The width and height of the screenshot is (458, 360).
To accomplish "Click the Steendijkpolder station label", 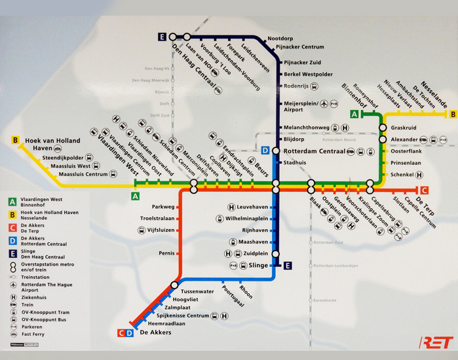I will pos(63,158).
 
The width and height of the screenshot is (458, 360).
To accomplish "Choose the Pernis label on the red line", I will pos(166,253).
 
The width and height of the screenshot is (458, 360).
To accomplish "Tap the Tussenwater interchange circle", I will pos(174,285).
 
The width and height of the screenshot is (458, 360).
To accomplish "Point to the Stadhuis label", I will pos(295,162).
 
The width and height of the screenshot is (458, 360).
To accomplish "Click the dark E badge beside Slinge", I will pos(288,265).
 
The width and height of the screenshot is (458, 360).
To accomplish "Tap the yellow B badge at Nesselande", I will pos(452,114).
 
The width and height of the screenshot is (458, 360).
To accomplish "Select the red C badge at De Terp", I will pos(424,190).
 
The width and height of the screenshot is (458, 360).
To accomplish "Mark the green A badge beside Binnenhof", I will pos(354,114).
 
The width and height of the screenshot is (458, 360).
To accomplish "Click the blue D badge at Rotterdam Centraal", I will pos(265,151).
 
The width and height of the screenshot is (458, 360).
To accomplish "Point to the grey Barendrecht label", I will pos(326,300).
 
